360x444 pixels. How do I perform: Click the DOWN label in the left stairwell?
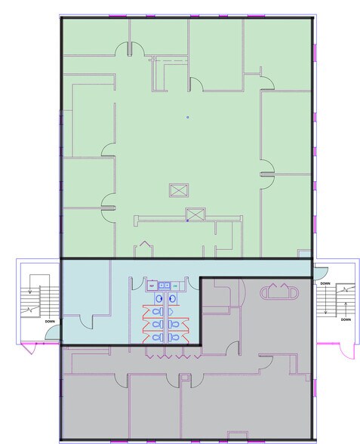pos(49,322)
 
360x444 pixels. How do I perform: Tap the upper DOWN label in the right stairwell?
pos(325,284)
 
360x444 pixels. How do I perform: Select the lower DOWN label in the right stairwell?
pos(345,319)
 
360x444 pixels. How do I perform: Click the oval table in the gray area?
pos(279,291)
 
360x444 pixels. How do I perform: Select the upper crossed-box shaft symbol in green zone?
pos(178,190)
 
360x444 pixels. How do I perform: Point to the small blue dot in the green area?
pos(188,117)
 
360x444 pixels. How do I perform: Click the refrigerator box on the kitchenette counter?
pos(151,286)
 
